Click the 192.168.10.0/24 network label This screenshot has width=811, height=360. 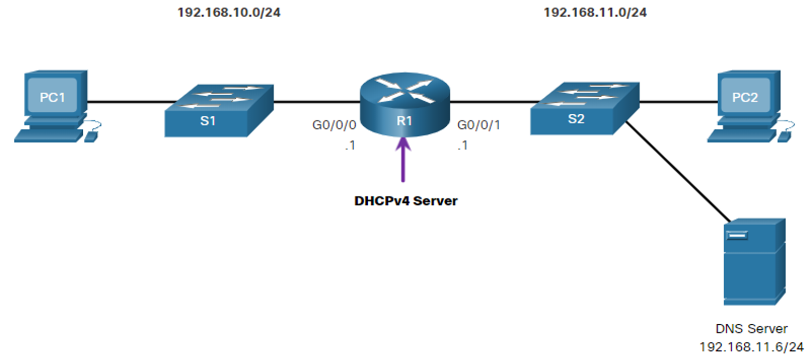[229, 13]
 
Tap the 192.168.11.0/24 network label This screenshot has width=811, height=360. [595, 13]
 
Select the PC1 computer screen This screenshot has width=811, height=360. [53, 95]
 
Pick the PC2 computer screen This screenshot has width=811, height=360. [745, 95]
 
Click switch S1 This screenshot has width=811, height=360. [219, 111]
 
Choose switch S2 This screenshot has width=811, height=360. [584, 108]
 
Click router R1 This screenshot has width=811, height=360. [405, 104]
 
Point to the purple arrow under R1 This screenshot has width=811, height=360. [403, 159]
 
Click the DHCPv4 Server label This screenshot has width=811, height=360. [406, 201]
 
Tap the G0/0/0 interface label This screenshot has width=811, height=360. [334, 125]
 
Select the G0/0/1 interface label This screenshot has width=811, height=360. [478, 125]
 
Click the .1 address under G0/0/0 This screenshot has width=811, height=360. [350, 145]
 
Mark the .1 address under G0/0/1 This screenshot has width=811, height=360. [462, 145]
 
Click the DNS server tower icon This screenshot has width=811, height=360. [755, 262]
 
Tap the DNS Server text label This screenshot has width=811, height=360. [752, 329]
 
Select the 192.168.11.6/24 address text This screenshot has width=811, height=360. [752, 347]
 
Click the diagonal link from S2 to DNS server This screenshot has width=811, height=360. [678, 172]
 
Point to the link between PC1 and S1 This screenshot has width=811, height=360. [132, 102]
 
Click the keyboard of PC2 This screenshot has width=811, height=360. [742, 136]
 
